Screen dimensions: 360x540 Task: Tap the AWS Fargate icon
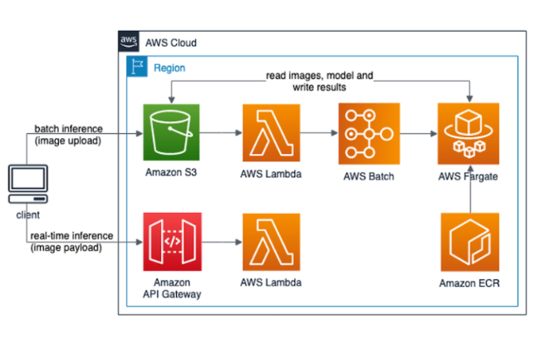[469, 133]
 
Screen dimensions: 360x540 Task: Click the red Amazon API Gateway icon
[172, 242]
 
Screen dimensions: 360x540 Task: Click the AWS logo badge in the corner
[129, 42]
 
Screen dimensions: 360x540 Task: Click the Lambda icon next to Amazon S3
[271, 133]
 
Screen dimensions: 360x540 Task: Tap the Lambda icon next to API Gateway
[271, 242]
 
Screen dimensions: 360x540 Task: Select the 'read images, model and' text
[319, 76]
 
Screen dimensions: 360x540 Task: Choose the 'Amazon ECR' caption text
[469, 283]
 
